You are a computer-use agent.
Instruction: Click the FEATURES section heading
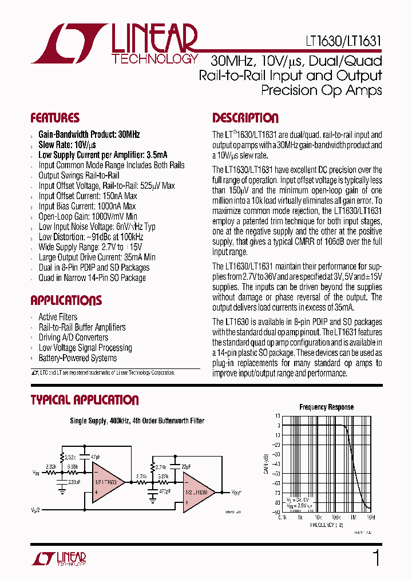pyautogui.click(x=55, y=118)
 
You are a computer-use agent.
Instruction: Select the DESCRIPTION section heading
pyautogui.click(x=245, y=118)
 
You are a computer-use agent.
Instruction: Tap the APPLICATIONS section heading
pyautogui.click(x=66, y=300)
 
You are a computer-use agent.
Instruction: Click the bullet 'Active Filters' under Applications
pyautogui.click(x=58, y=317)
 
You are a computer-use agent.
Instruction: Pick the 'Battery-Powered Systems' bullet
pyautogui.click(x=77, y=358)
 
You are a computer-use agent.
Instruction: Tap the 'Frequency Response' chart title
pyautogui.click(x=326, y=407)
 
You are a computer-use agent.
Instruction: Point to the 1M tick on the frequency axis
pyautogui.click(x=353, y=517)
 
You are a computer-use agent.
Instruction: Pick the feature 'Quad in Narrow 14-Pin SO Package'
pyautogui.click(x=92, y=278)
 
